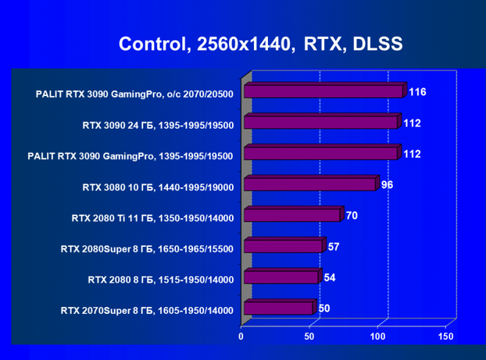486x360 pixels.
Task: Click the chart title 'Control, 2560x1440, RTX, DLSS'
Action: click(x=260, y=43)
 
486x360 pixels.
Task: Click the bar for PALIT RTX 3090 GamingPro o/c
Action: click(x=323, y=91)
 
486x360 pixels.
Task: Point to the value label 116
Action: click(x=417, y=92)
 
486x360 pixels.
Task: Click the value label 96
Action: click(x=387, y=185)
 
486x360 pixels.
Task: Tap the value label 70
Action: click(x=352, y=215)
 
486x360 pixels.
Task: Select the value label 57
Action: click(x=333, y=246)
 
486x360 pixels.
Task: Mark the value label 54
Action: click(x=329, y=277)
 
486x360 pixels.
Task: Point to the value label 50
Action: click(x=323, y=308)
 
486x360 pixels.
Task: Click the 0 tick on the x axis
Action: click(x=242, y=337)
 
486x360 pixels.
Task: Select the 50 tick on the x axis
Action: click(x=310, y=337)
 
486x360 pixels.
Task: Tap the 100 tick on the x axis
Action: click(x=377, y=337)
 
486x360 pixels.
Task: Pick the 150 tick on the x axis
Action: click(x=445, y=337)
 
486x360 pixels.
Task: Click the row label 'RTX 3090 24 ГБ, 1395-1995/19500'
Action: click(x=157, y=124)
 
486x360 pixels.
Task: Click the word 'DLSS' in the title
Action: click(x=376, y=43)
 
